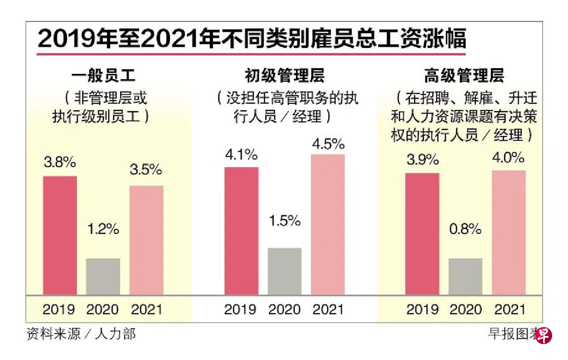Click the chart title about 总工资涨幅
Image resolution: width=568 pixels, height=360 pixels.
click(x=252, y=38)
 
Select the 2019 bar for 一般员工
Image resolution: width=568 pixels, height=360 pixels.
click(x=60, y=235)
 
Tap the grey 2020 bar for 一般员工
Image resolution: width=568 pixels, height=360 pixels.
click(x=103, y=276)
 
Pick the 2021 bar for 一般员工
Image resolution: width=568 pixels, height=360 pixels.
click(x=146, y=240)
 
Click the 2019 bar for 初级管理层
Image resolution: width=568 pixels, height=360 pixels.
click(x=241, y=230)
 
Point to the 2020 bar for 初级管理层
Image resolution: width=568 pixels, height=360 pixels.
click(x=284, y=271)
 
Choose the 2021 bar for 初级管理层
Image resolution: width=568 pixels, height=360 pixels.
click(x=328, y=224)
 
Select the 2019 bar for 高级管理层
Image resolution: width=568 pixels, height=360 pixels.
click(x=422, y=233)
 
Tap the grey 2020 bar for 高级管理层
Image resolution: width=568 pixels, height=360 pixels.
click(x=465, y=276)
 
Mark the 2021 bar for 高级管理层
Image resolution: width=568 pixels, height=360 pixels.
click(x=509, y=232)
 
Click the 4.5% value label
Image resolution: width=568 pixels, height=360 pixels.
click(x=328, y=144)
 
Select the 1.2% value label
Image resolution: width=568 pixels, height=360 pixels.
click(x=103, y=229)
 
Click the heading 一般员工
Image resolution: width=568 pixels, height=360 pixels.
click(x=103, y=76)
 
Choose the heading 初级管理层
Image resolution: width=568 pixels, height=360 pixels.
click(x=284, y=76)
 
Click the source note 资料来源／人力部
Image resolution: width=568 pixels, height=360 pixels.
click(x=81, y=334)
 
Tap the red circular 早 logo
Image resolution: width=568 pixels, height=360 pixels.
click(x=544, y=335)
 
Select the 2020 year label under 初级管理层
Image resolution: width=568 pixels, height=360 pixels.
click(x=284, y=309)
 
